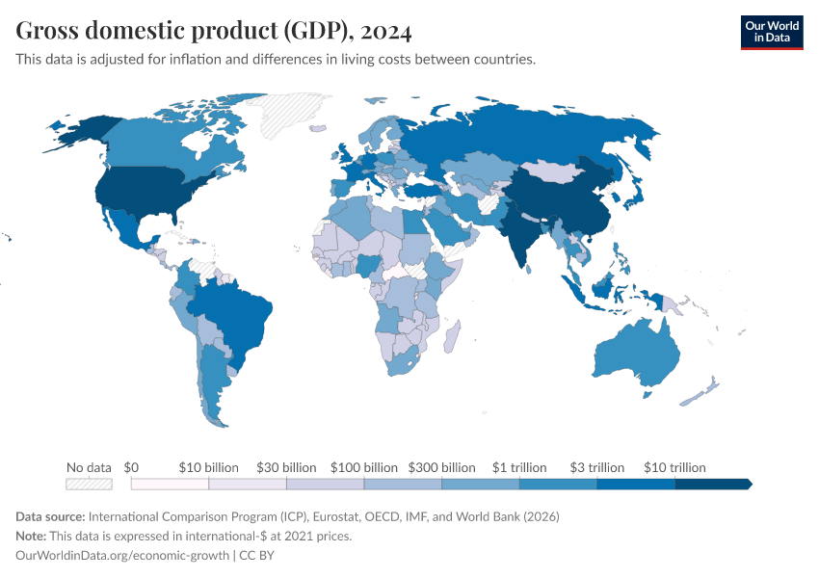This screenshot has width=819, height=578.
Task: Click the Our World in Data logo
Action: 771,32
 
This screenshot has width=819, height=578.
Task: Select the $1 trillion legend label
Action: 519,467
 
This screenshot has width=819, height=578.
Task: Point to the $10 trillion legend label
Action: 674,467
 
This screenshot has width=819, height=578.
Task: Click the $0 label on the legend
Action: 133,467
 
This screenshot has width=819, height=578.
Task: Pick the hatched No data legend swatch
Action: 89,484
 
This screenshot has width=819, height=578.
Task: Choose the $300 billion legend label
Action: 442,467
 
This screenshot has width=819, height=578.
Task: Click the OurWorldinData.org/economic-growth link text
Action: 122,555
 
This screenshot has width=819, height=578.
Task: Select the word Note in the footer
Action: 32,536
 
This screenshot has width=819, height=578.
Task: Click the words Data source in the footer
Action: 50,516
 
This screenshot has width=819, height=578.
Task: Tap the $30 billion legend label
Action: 286,467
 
